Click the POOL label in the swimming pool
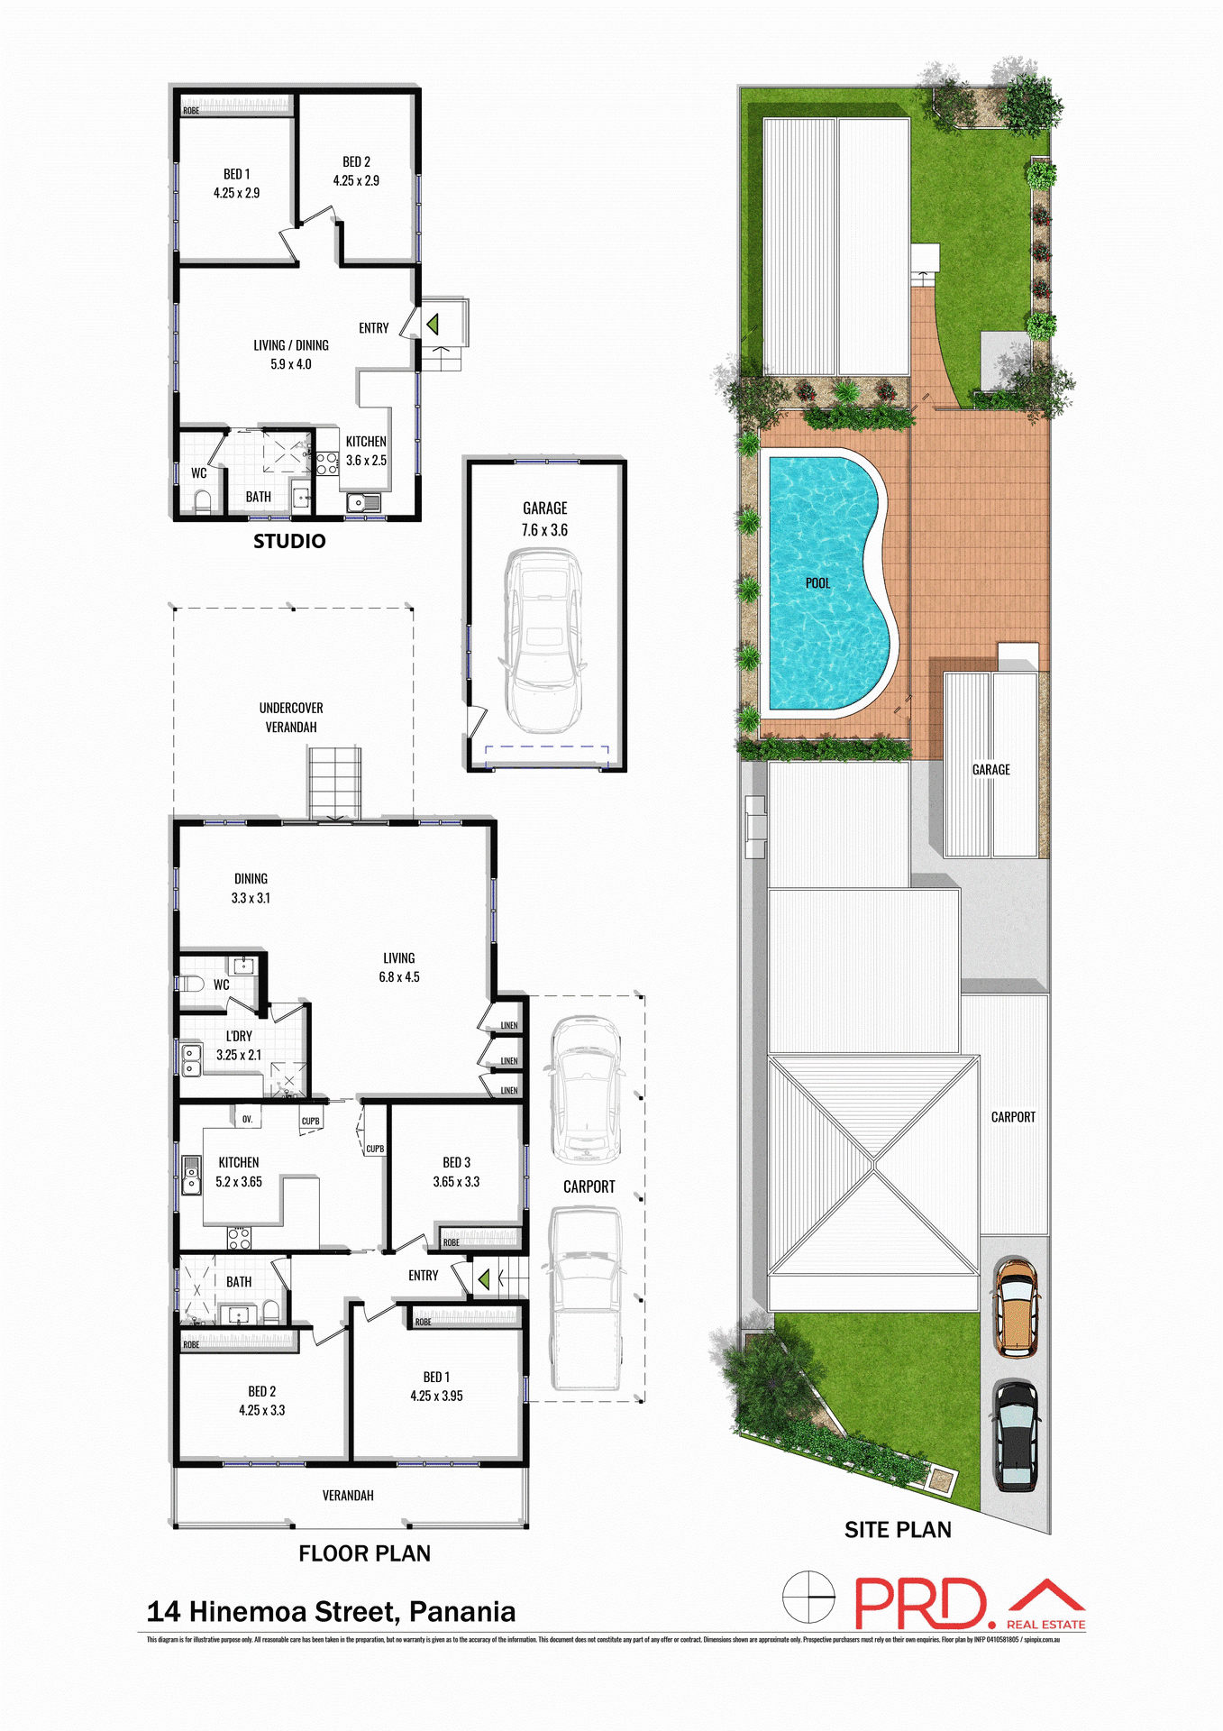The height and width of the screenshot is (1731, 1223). click(817, 583)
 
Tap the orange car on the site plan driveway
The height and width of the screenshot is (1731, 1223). click(1017, 1308)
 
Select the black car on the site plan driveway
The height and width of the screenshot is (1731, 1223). click(1017, 1436)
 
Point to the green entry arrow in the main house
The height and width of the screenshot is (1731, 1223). click(484, 1278)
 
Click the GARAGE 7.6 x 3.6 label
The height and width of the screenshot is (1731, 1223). click(544, 519)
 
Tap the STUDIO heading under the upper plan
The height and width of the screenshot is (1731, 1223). click(289, 541)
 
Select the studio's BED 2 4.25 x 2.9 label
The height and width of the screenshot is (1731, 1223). click(356, 171)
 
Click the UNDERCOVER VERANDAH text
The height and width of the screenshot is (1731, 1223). click(291, 718)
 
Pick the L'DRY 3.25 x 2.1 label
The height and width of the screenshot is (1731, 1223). click(239, 1046)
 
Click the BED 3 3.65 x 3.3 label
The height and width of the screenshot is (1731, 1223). click(456, 1172)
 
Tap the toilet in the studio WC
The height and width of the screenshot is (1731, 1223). click(203, 500)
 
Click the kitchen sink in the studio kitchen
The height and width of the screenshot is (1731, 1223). click(363, 502)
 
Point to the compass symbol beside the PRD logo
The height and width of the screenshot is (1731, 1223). click(808, 1597)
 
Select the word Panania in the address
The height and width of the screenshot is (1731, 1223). click(461, 1612)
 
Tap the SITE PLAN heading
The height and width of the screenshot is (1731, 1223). click(898, 1530)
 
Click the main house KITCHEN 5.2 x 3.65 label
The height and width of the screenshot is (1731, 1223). click(239, 1172)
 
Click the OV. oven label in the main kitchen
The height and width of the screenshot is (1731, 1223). click(248, 1119)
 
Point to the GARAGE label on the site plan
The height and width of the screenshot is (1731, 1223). click(990, 770)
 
